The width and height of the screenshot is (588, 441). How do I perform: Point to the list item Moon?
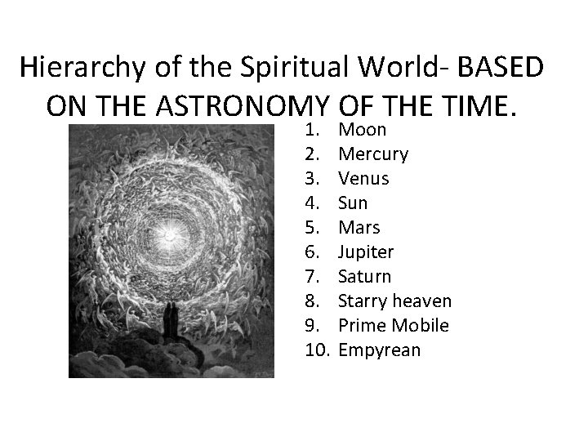[x=362, y=130]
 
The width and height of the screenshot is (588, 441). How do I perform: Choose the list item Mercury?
[x=373, y=154]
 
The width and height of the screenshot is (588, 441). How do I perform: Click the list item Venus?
[x=363, y=178]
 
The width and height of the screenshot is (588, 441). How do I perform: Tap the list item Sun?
[x=353, y=203]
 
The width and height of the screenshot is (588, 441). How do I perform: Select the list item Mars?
[x=359, y=227]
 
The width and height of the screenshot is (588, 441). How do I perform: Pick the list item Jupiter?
[x=366, y=252]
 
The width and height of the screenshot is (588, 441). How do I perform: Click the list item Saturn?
[x=364, y=276]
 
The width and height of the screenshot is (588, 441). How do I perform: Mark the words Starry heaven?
[x=394, y=301]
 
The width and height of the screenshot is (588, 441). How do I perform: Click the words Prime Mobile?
[x=394, y=325]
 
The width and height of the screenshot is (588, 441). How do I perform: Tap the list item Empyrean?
[x=379, y=350]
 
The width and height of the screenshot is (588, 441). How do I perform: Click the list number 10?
[x=317, y=350]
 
